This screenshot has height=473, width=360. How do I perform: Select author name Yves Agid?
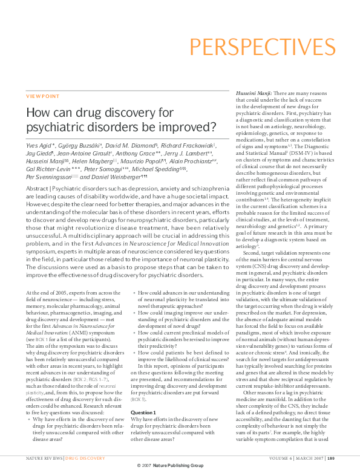(x=39, y=146)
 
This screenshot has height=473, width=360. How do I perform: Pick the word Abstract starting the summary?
(x=36, y=188)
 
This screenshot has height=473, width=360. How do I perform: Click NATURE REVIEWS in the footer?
(x=44, y=458)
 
